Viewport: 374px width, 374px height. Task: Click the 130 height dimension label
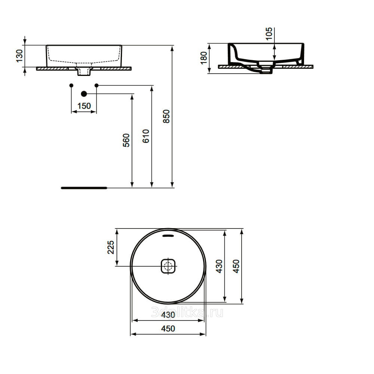(19, 56)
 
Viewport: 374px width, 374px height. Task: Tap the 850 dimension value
(166, 116)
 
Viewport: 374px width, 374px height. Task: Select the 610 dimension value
(146, 136)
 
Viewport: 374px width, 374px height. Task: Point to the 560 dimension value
(126, 140)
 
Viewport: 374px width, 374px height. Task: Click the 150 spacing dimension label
(84, 106)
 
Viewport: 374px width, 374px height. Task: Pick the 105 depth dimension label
(269, 34)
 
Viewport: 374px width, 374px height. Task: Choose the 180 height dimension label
(204, 58)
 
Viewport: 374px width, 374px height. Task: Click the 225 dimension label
(111, 247)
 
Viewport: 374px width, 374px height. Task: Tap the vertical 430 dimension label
(219, 266)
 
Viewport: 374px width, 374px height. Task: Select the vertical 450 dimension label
(236, 266)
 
